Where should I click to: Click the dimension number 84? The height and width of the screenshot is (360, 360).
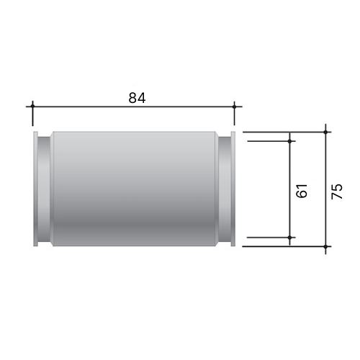[x=137, y=98]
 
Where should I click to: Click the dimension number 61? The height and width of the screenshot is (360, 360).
[x=302, y=191]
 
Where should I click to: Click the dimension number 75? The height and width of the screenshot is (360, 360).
[x=337, y=192]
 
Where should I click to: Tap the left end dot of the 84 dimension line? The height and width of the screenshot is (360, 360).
[x=32, y=106]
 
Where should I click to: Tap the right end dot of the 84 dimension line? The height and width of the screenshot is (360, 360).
[x=235, y=106]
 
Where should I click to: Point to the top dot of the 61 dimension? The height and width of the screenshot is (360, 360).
[x=289, y=141]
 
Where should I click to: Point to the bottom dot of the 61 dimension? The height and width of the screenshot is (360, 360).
[x=289, y=238]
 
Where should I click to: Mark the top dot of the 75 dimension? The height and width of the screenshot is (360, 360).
[x=325, y=132]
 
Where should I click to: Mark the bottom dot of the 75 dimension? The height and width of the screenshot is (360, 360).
[x=325, y=246]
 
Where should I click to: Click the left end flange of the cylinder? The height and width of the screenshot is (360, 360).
[x=35, y=189]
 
